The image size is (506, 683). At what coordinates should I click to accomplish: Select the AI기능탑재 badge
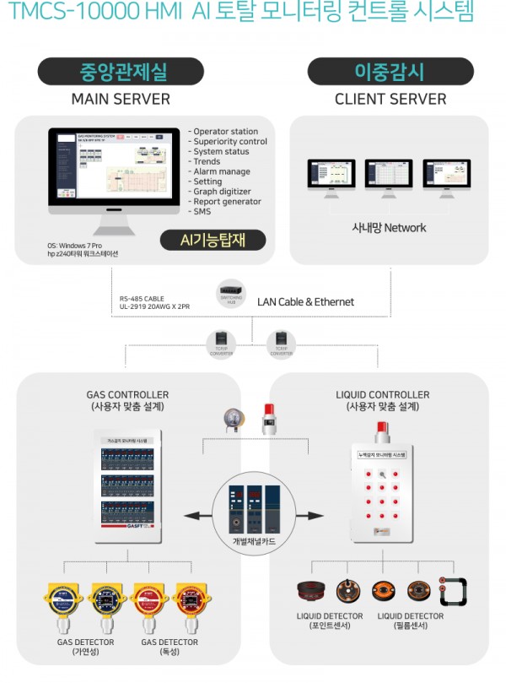pos(212,240)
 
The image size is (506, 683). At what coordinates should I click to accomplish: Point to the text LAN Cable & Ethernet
pos(304,301)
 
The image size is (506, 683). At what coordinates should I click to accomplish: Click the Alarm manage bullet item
pos(222,171)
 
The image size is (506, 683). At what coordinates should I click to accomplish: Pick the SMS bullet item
pos(202,211)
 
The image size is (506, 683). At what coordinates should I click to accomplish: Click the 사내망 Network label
pos(389,227)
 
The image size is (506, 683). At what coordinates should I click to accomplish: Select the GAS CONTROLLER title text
pos(127,394)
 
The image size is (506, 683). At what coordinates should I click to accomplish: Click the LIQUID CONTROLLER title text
pos(382,394)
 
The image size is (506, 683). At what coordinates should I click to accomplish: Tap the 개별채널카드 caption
pos(254,539)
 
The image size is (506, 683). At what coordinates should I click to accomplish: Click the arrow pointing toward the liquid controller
pos(314,514)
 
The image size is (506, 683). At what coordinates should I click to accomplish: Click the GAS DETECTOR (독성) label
pos(169,648)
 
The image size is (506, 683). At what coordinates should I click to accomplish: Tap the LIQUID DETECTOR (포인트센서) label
pos(330,621)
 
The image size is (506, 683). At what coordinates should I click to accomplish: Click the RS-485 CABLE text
pos(143,297)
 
